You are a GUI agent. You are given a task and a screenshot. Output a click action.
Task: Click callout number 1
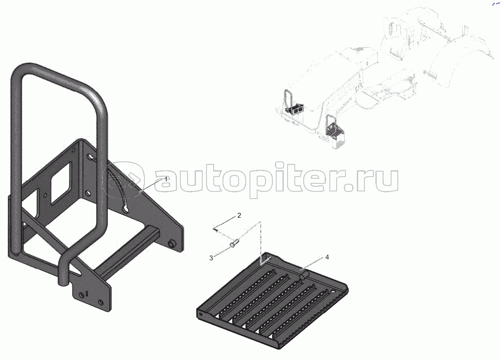point(166,179)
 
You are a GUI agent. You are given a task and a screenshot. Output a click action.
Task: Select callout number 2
point(239,215)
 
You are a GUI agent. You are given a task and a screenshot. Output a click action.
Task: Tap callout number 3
point(211,258)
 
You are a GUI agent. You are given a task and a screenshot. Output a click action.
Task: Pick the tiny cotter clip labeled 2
point(215,229)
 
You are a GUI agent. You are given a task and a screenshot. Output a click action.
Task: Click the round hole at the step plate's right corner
point(334,291)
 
